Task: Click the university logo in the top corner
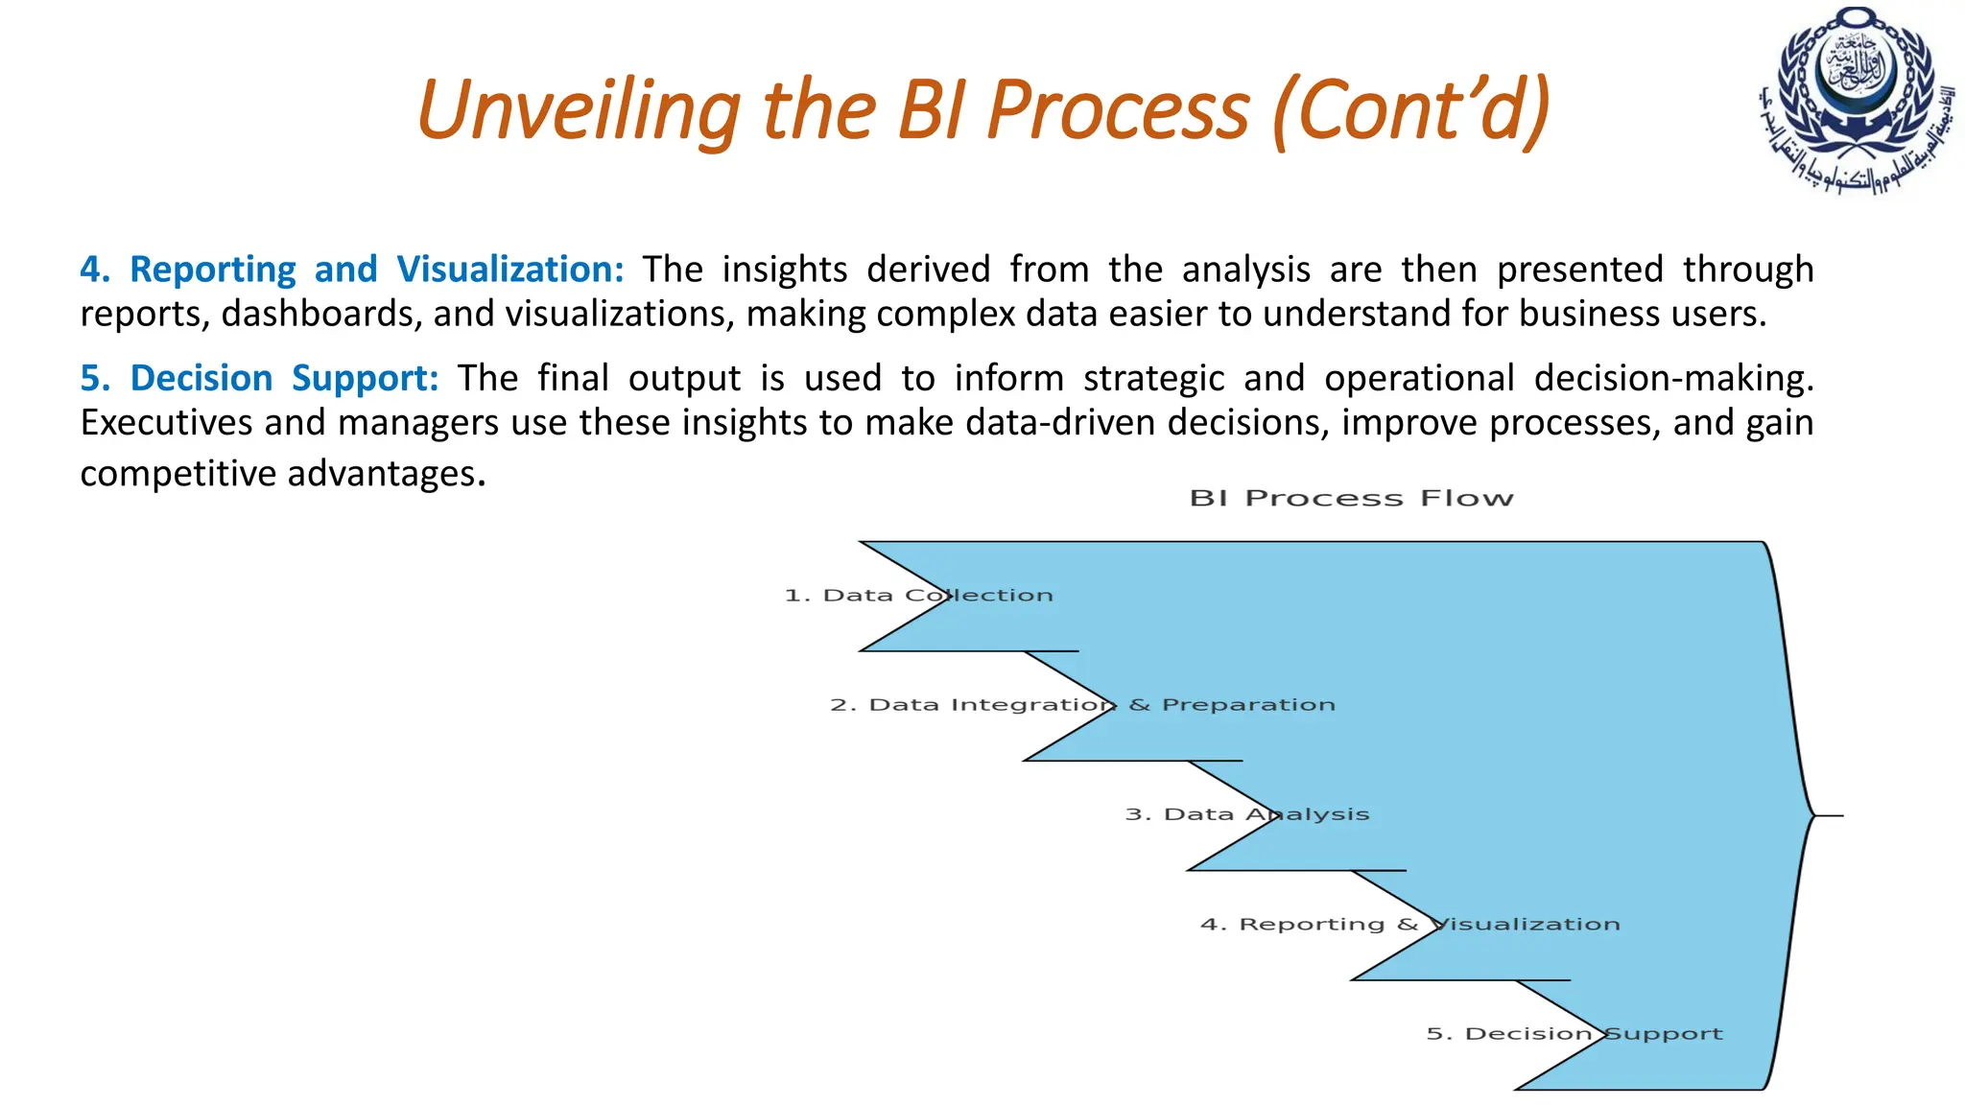click(1857, 101)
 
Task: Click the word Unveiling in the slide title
click(578, 110)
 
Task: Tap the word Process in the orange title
click(1118, 110)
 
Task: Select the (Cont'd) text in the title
click(1410, 110)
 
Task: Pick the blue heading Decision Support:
click(259, 378)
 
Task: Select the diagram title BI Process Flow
click(1351, 499)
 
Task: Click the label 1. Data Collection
click(918, 596)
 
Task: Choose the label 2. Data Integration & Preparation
click(1082, 705)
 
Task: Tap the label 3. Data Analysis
click(1246, 814)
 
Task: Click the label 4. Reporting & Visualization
click(1409, 925)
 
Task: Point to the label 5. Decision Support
click(1574, 1034)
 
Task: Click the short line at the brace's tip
click(1830, 815)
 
